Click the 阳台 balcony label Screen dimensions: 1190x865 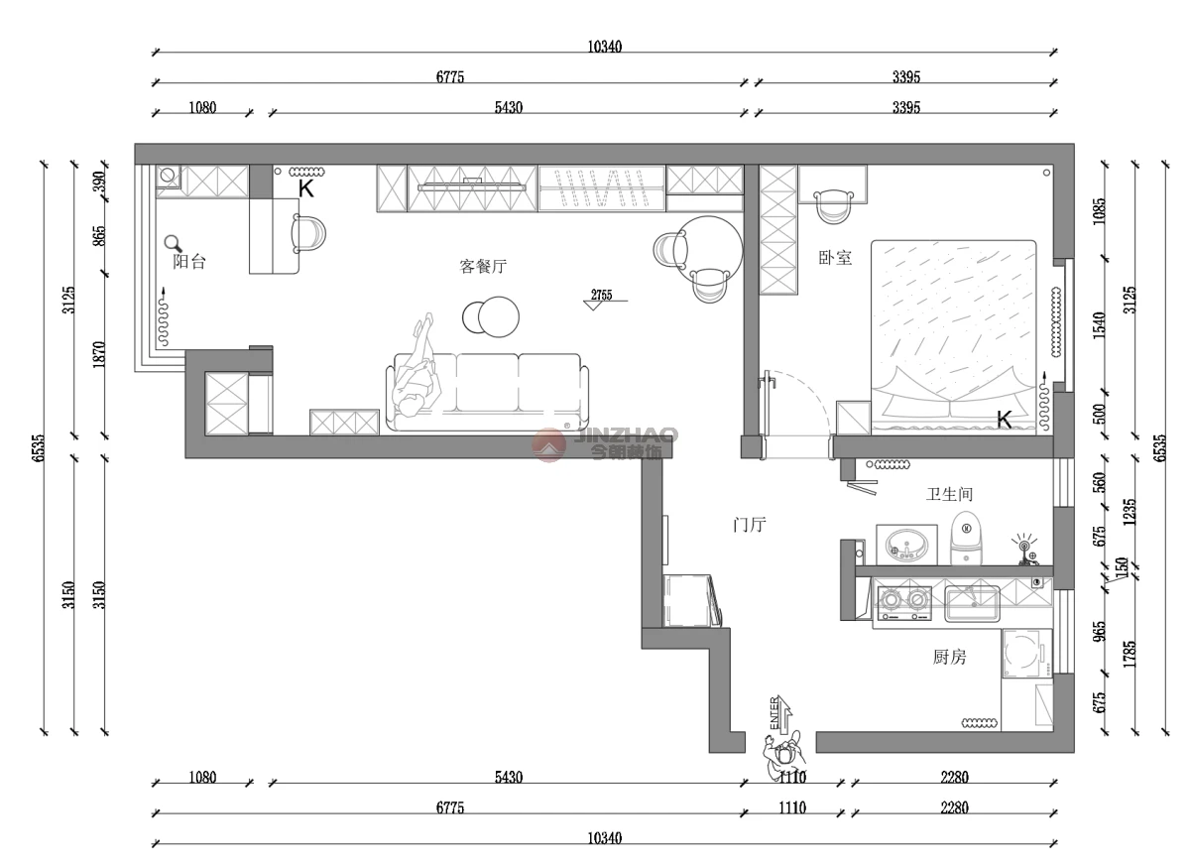pos(189,262)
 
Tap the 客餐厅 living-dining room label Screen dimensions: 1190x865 pos(483,266)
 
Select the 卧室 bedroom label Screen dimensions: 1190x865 pos(835,258)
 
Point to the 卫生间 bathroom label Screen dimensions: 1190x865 pos(949,495)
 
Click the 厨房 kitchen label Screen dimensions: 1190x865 pos(949,658)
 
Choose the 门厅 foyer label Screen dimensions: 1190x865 pos(750,525)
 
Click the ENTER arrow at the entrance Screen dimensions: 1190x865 pos(779,714)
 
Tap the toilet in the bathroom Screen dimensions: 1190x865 pos(966,539)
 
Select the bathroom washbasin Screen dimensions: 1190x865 pos(905,546)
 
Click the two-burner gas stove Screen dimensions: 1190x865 pos(904,603)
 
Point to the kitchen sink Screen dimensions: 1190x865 pos(972,603)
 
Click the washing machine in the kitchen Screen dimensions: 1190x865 pos(1027,654)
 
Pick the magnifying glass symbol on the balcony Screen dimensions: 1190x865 pos(173,244)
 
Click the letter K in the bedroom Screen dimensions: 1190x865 pos(1004,420)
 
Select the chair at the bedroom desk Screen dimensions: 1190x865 pos(833,206)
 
